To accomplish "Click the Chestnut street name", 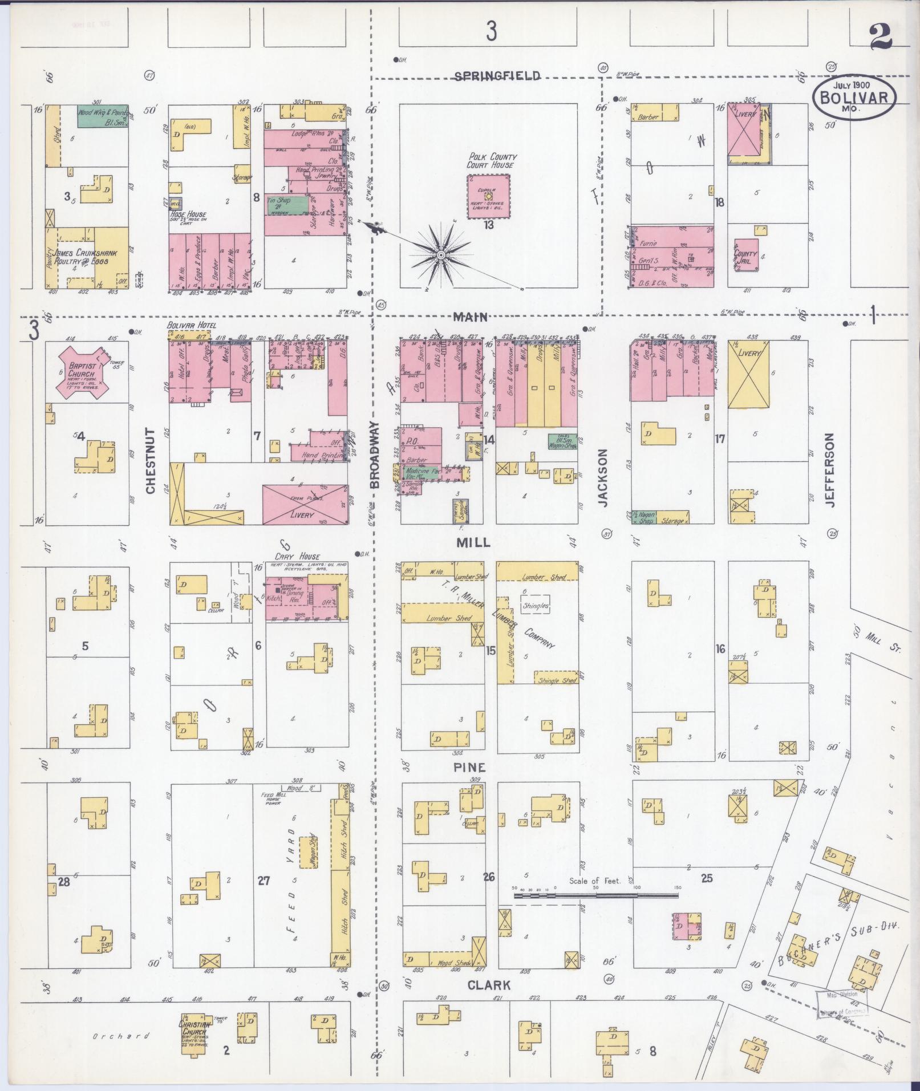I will pos(151,461).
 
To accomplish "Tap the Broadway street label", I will pos(374,455).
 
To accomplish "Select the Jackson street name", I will pos(603,477).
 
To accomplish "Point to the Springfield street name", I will pos(497,76).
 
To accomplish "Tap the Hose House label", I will pos(188,215).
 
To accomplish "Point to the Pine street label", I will pos(469,768).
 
